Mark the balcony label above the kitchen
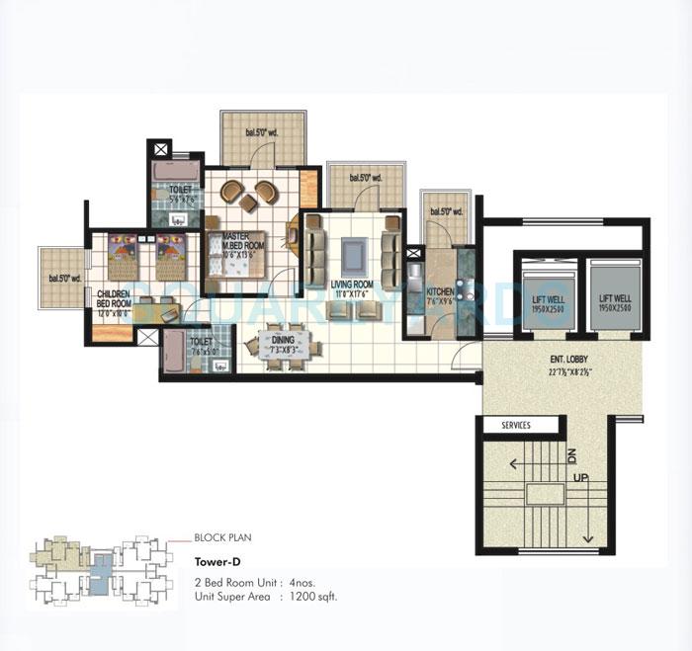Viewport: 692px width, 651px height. (440, 211)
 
